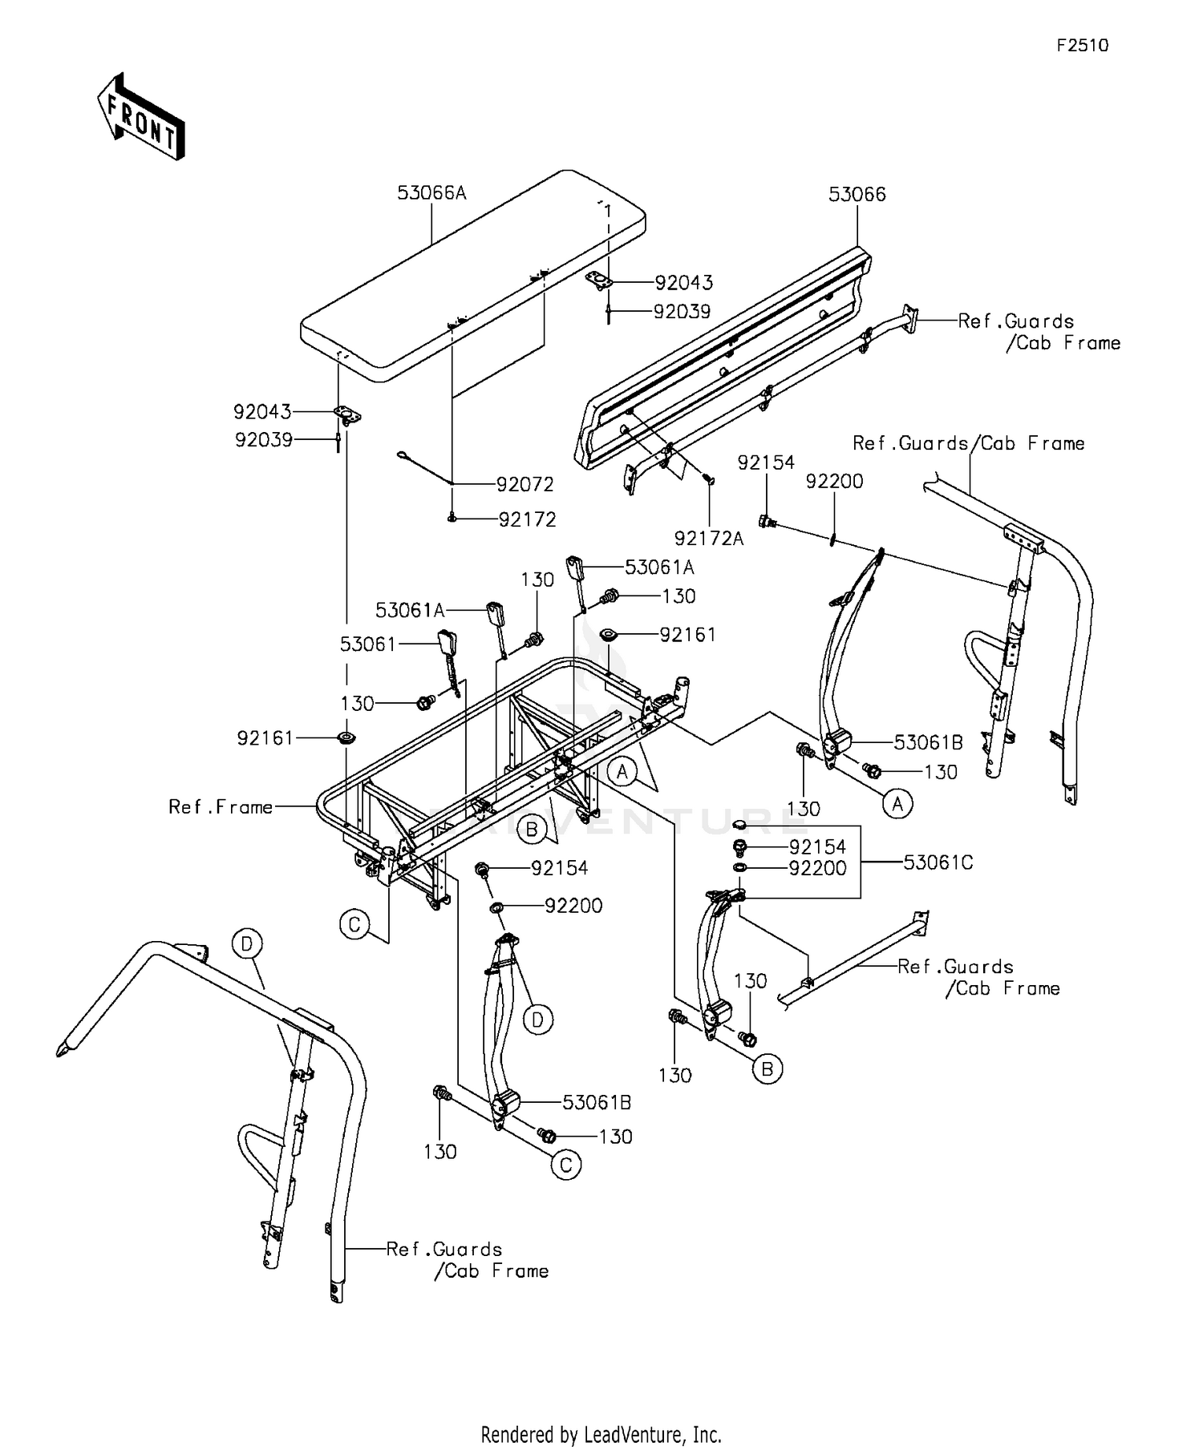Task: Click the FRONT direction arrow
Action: click(x=141, y=116)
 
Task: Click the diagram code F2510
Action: click(x=1082, y=46)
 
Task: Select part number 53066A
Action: click(x=431, y=192)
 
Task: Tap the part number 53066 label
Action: click(x=857, y=194)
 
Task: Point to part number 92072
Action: click(x=525, y=484)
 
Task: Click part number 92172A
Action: click(x=709, y=539)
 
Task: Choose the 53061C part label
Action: click(x=938, y=862)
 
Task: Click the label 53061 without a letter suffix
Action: click(x=368, y=644)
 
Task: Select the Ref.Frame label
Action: click(x=221, y=807)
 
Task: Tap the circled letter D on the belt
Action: click(x=537, y=1020)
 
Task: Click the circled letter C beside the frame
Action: click(x=354, y=925)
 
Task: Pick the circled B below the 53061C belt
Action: click(x=768, y=1068)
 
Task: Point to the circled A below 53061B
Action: click(x=897, y=803)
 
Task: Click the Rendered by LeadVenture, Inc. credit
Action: click(x=601, y=1434)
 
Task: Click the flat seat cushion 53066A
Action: click(x=473, y=276)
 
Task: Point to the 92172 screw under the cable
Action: click(x=452, y=519)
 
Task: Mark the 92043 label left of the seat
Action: click(x=262, y=412)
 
